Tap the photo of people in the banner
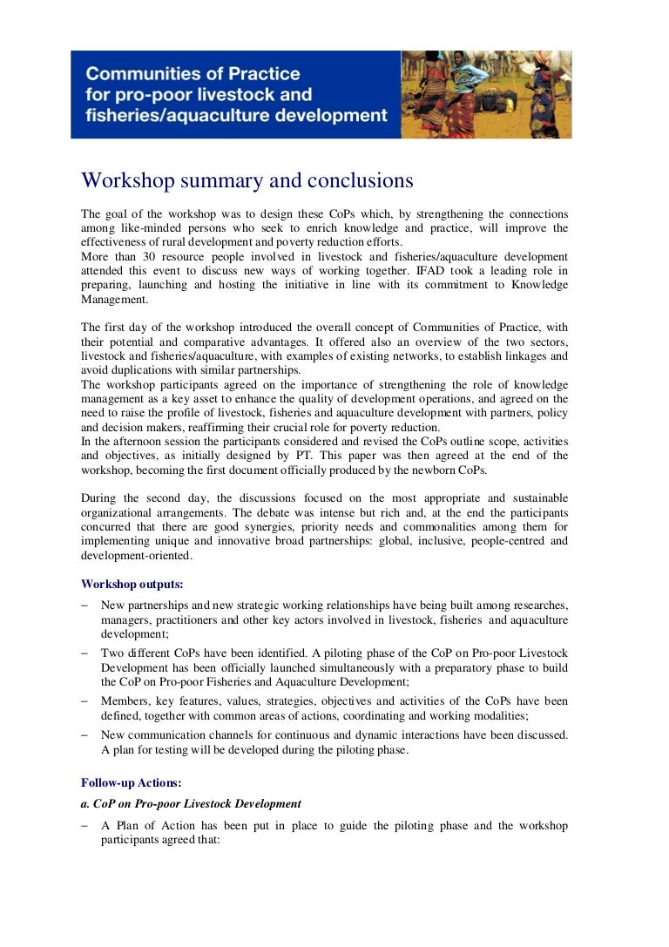point(486,94)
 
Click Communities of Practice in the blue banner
point(193,74)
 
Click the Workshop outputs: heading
point(132,584)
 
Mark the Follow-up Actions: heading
point(132,782)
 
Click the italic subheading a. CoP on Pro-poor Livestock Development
point(191,803)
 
